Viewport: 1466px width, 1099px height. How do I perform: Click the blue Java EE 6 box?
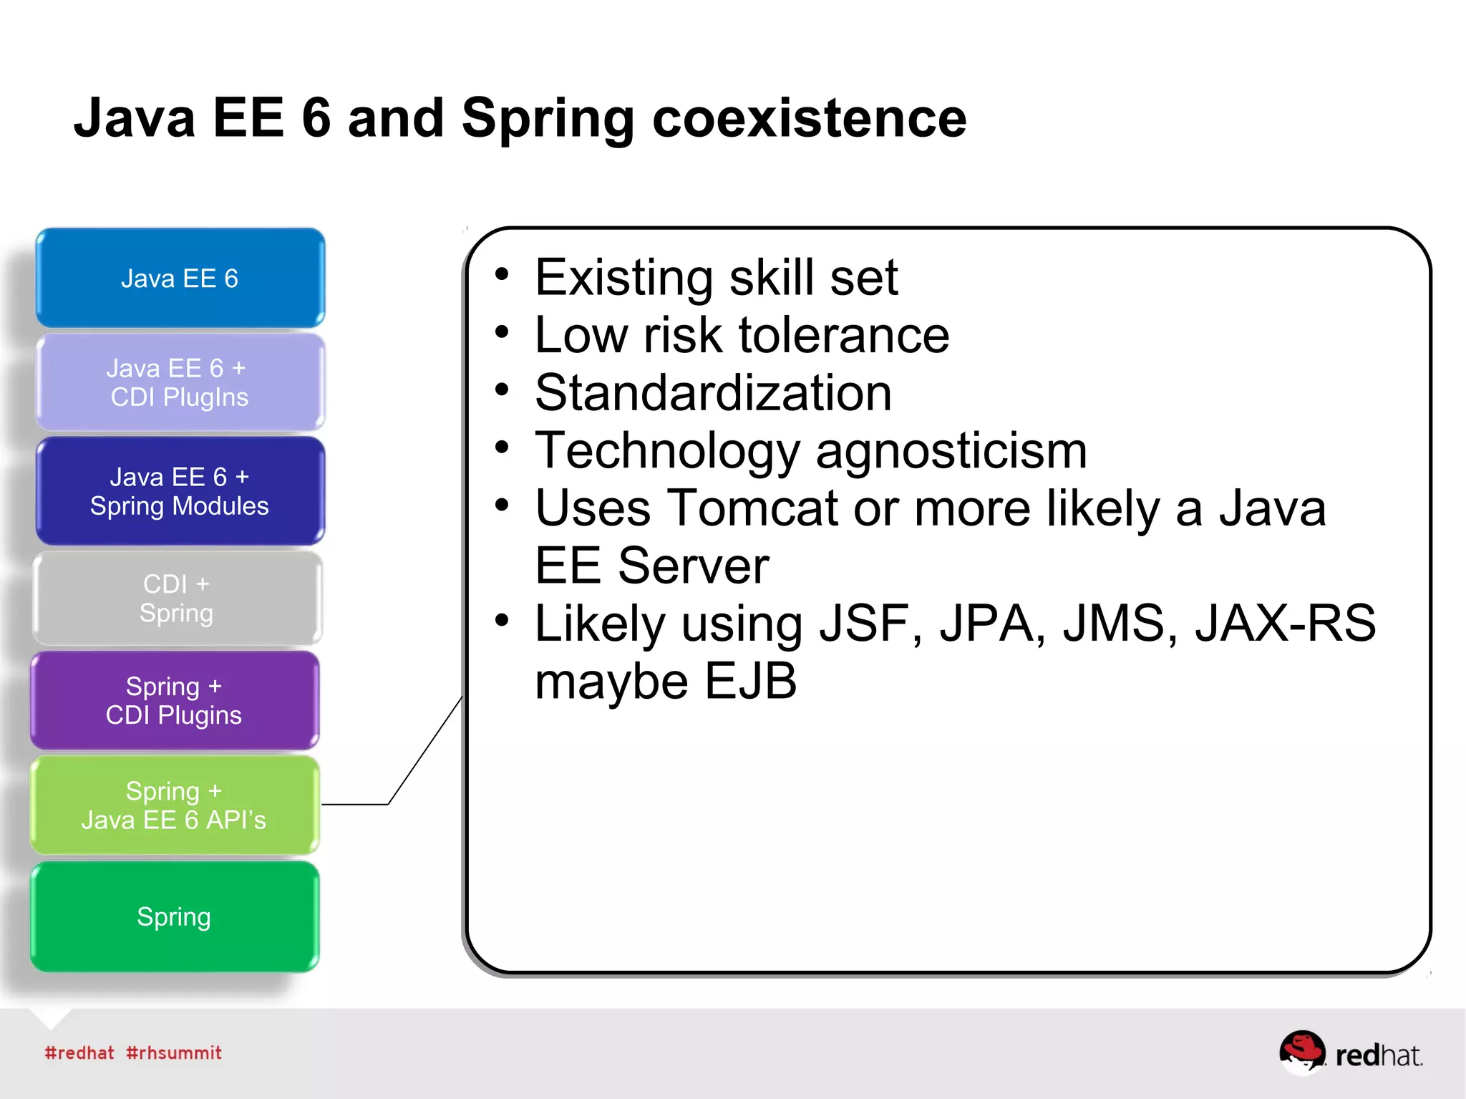(x=180, y=279)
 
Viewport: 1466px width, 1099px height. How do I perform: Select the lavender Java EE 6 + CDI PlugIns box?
(x=180, y=382)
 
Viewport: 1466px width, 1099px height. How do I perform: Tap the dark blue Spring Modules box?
(x=180, y=491)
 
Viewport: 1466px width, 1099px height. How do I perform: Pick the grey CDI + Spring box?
(x=177, y=599)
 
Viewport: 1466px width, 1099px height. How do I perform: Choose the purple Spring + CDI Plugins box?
(x=174, y=700)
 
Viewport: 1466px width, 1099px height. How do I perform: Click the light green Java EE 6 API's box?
(x=174, y=805)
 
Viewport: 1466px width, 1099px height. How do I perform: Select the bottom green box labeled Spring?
(x=174, y=916)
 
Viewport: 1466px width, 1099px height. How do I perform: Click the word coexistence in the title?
(x=809, y=118)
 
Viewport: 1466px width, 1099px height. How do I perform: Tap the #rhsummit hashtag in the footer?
(x=174, y=1052)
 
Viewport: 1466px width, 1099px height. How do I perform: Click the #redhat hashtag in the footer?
(x=79, y=1052)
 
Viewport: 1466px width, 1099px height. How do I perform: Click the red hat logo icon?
(x=1302, y=1051)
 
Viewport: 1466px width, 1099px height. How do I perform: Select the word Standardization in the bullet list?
(x=713, y=393)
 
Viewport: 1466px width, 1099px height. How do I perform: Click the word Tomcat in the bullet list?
(x=752, y=508)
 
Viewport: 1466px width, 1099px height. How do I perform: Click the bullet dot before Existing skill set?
(x=502, y=274)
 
